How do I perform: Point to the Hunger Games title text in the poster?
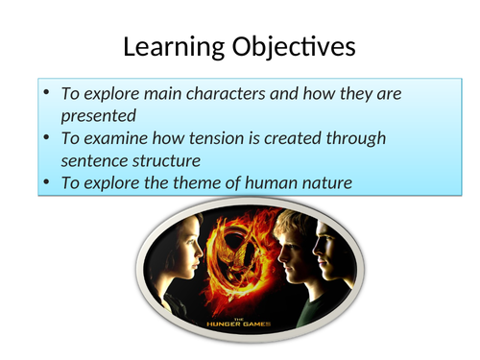[x=234, y=324]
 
